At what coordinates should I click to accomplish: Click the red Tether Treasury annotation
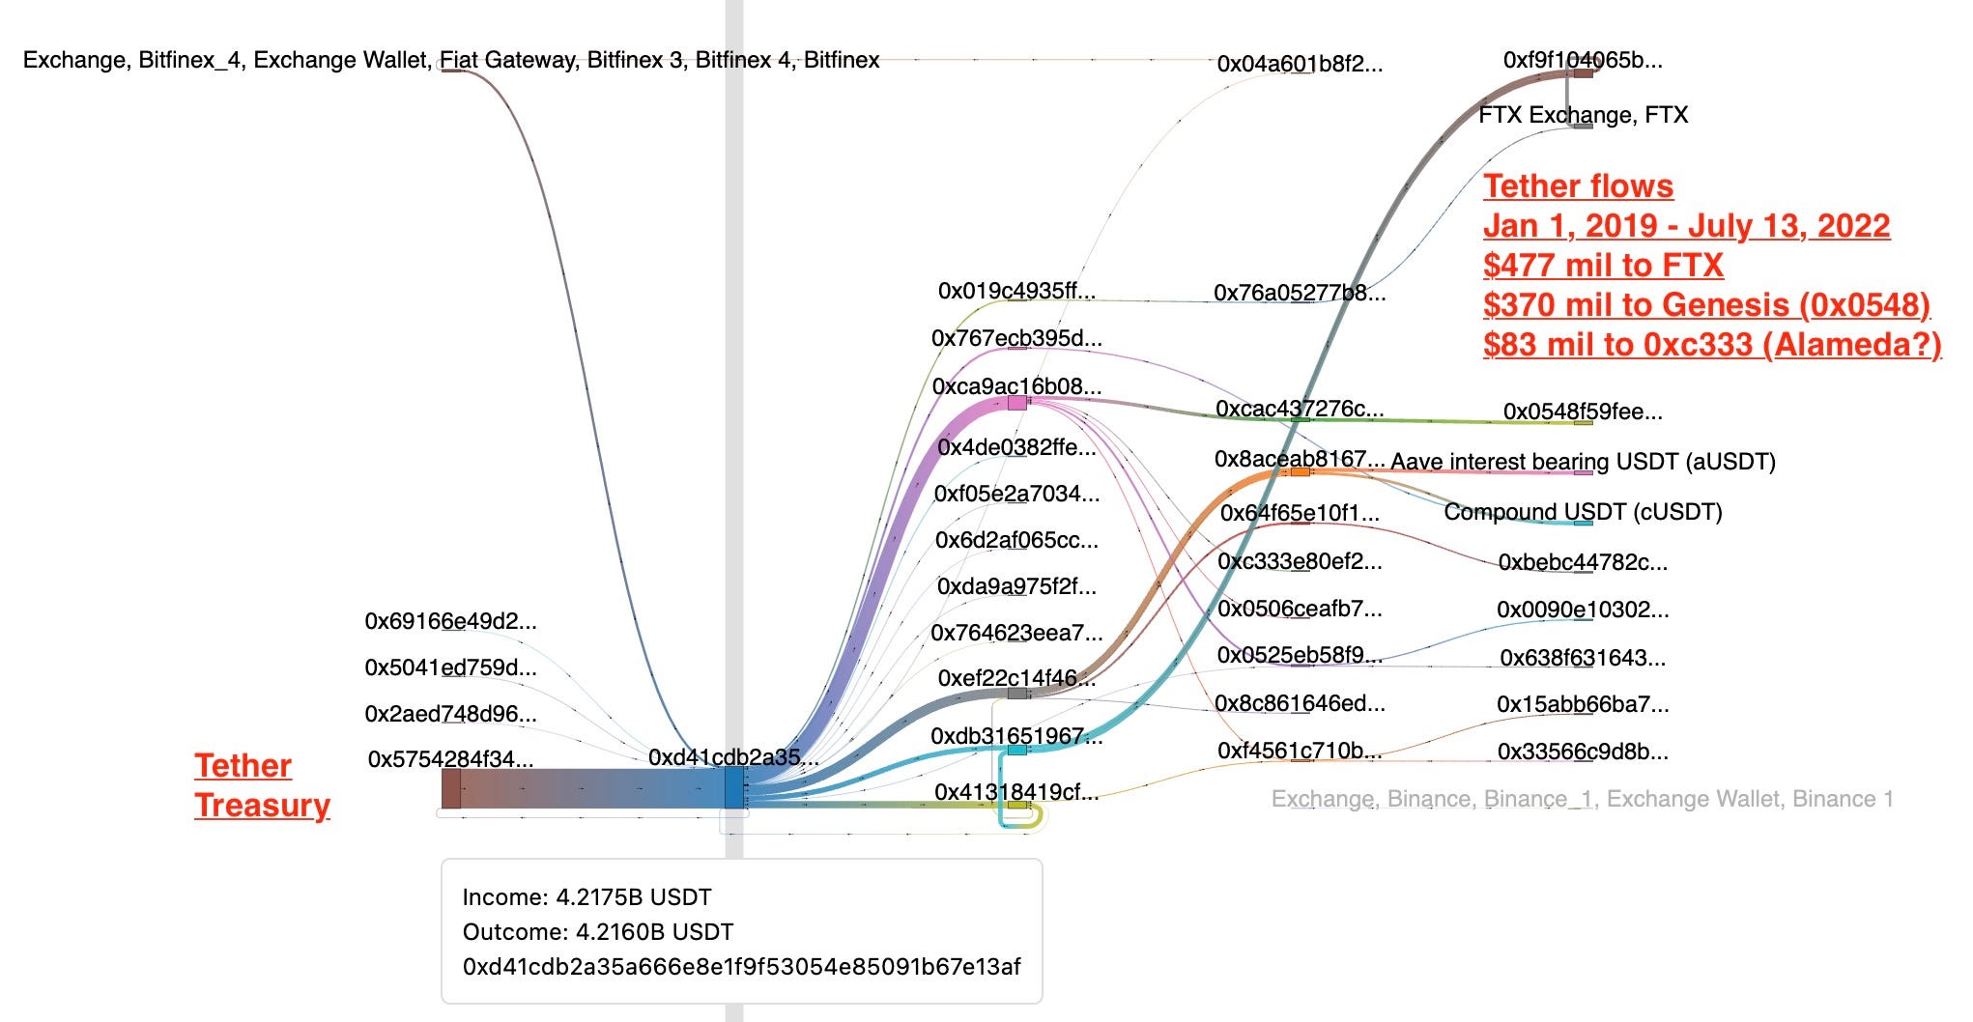[262, 784]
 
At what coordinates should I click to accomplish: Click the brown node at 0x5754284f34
[451, 788]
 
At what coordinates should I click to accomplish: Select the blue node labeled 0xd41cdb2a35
[734, 788]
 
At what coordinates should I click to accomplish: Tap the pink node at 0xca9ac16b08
[1016, 403]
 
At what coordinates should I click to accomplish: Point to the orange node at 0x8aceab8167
[1301, 472]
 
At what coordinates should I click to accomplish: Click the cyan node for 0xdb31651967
[1016, 750]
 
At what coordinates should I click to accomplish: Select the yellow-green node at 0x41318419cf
[1016, 804]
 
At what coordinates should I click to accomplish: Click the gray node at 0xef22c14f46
[1016, 694]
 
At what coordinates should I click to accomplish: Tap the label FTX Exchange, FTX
[1583, 115]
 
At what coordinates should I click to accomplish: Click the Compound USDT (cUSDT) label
[1583, 512]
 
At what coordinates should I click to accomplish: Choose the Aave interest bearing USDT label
[1583, 462]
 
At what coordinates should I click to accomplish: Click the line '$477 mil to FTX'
[1603, 265]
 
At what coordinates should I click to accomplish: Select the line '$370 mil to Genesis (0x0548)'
[1706, 304]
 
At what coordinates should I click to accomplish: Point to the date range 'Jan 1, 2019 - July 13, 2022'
[1686, 225]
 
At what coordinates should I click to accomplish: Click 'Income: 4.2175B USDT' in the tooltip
[586, 897]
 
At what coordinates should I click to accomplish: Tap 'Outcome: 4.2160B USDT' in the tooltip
[597, 932]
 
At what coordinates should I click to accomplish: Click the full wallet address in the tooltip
[741, 967]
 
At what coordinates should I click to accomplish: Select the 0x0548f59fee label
[1582, 412]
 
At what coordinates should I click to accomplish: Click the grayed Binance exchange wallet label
[1582, 799]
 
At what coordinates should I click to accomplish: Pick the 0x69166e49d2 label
[450, 621]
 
